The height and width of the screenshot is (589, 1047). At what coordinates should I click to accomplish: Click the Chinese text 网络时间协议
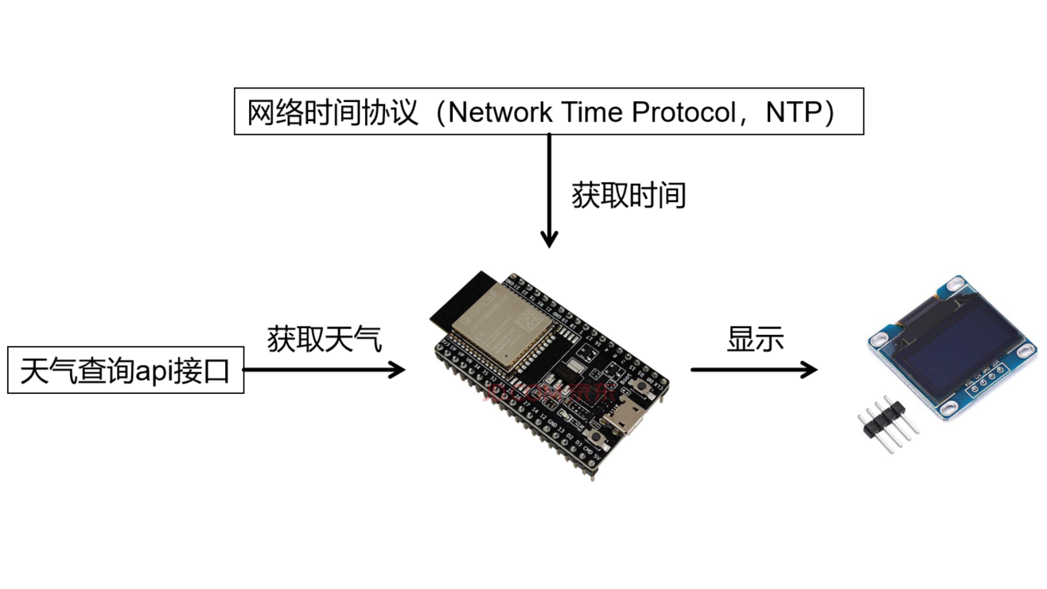[333, 113]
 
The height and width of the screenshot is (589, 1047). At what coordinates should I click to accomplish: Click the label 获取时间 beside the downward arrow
[629, 195]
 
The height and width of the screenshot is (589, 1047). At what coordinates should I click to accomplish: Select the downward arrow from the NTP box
[548, 191]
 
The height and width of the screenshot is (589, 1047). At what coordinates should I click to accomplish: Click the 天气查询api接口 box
[126, 370]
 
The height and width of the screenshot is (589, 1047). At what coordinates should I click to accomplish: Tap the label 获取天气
[325, 339]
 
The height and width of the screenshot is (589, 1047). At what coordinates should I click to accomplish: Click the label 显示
[755, 339]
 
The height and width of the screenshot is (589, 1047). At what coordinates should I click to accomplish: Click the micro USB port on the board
[618, 419]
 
